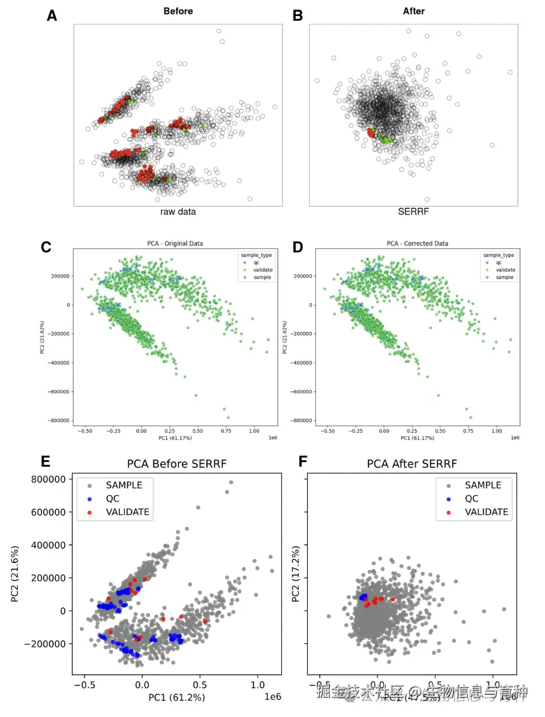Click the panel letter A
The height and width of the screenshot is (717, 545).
click(x=52, y=16)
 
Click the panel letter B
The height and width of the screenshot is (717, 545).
click(x=299, y=16)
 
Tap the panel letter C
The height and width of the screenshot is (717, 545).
click(x=47, y=247)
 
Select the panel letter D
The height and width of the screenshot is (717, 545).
click(x=298, y=247)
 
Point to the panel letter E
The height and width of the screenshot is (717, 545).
click(x=46, y=462)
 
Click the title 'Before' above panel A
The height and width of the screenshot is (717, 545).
click(x=178, y=11)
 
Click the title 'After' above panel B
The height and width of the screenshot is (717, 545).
click(x=413, y=11)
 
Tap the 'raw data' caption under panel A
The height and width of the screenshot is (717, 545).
click(x=178, y=212)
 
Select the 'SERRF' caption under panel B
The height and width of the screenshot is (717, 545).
click(x=413, y=212)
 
